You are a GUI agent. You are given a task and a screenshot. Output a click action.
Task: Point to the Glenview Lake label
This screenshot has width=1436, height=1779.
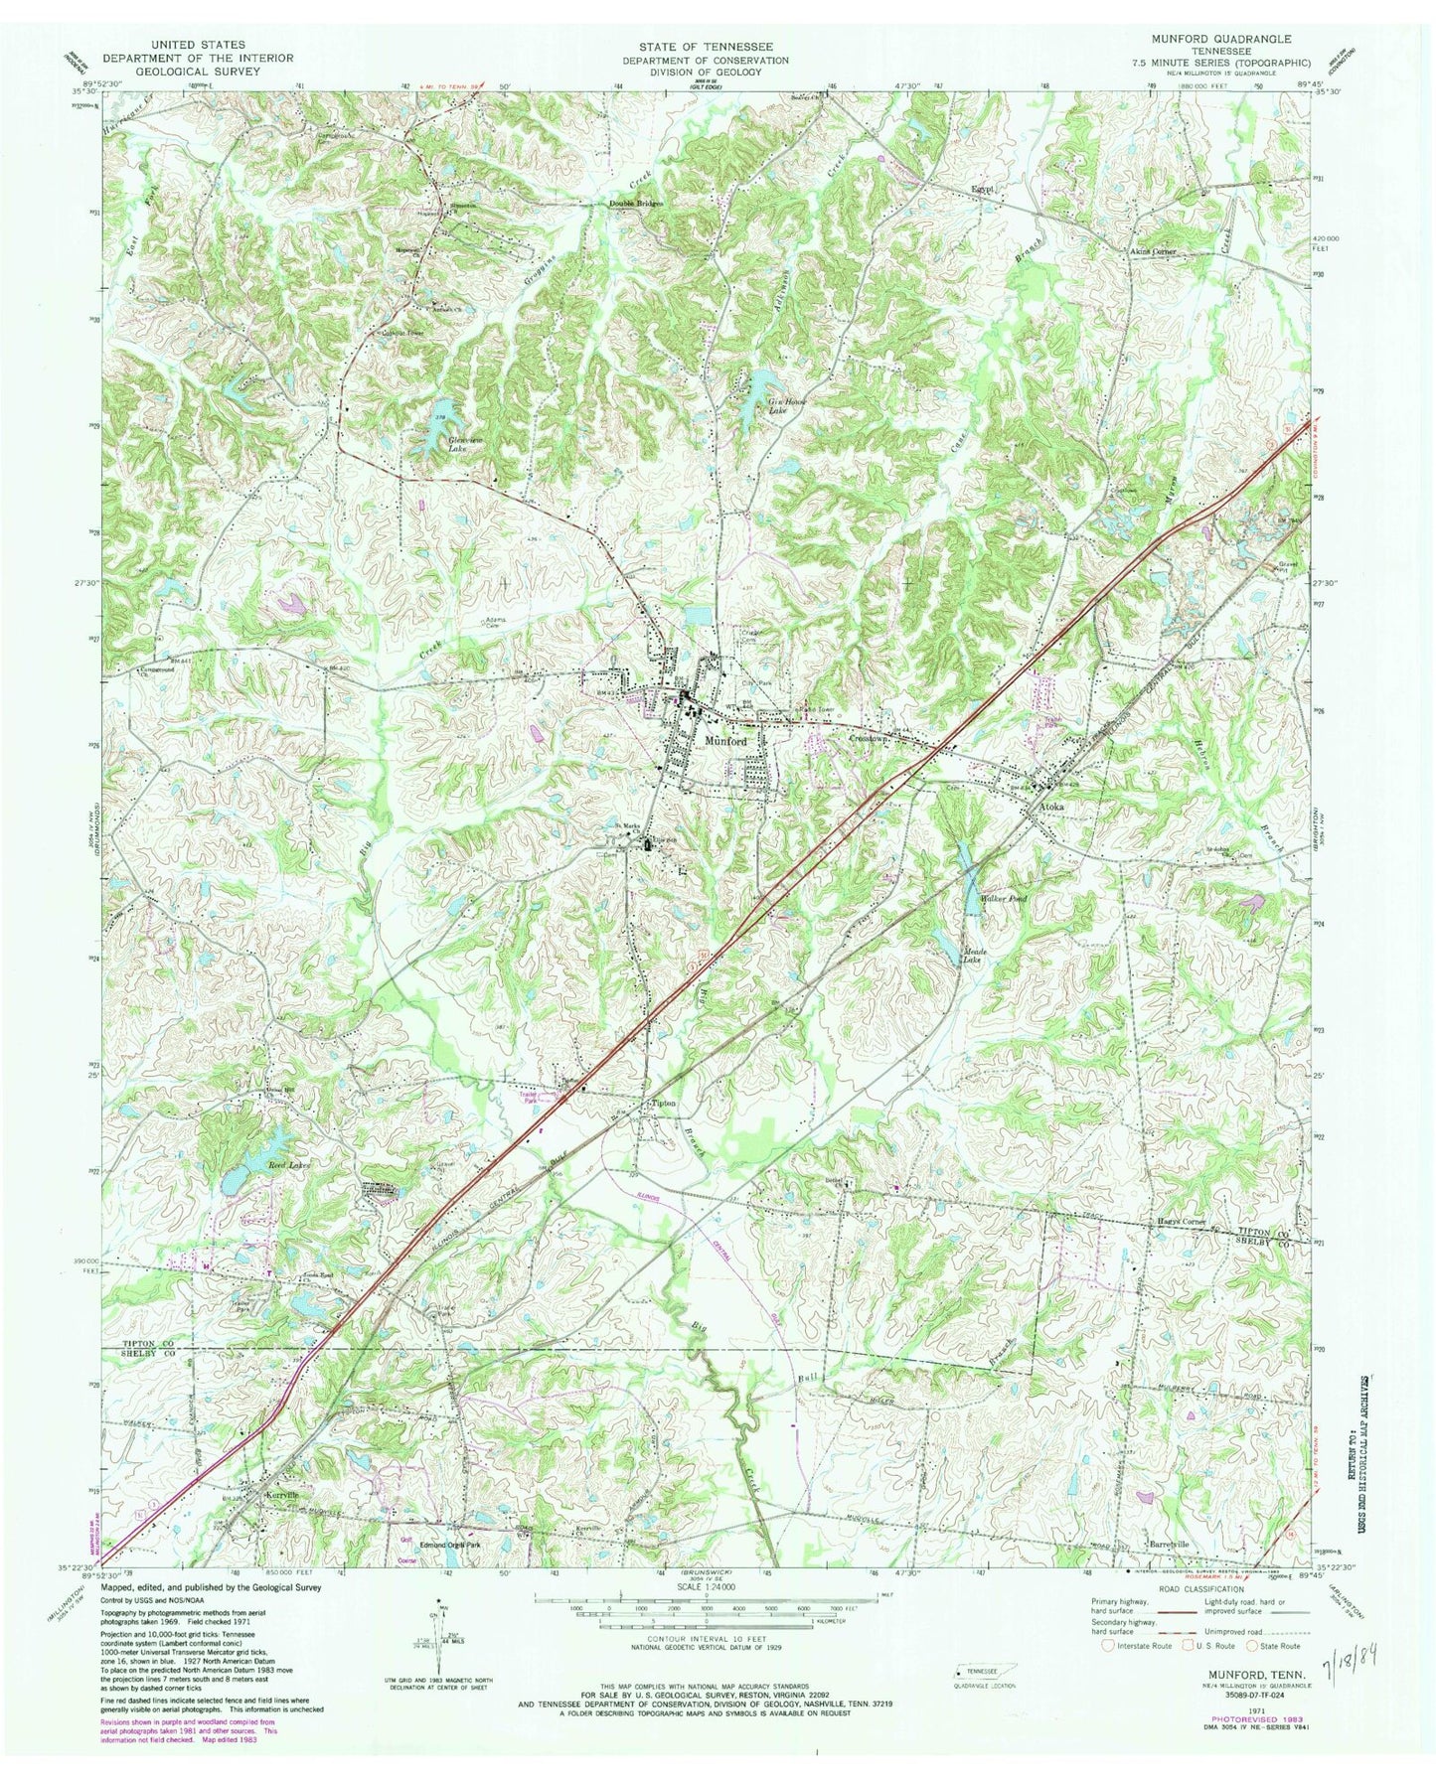pyautogui.click(x=441, y=444)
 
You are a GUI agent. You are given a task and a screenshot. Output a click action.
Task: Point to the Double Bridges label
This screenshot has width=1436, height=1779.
pyautogui.click(x=635, y=205)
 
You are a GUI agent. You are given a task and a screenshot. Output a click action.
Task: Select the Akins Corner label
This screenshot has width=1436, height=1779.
pyautogui.click(x=1151, y=251)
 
